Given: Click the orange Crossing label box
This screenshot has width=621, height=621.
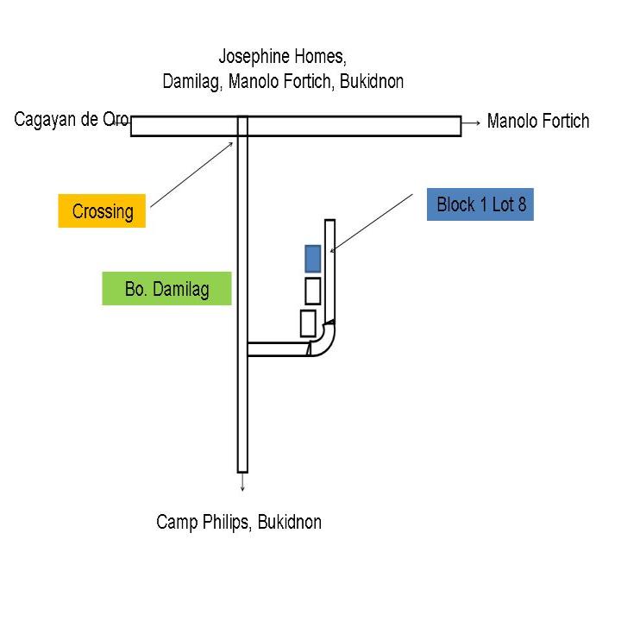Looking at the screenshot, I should (102, 211).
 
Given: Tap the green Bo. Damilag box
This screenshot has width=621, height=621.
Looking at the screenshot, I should (166, 289).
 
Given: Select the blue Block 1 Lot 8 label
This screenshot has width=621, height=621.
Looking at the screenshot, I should (480, 204).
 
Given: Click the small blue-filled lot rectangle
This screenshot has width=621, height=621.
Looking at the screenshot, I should (313, 258).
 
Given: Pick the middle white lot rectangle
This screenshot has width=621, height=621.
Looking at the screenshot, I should (313, 291).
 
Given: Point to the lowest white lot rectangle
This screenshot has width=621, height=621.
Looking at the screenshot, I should (308, 323).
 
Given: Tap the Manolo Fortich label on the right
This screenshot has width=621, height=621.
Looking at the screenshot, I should (538, 121).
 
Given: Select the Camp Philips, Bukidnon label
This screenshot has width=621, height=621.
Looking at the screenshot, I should (239, 522).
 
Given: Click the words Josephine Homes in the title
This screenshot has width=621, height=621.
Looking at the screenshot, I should (281, 58).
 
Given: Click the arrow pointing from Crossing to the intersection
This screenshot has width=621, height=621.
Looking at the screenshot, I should (191, 175).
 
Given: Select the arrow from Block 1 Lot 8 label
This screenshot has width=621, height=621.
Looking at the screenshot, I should (371, 223).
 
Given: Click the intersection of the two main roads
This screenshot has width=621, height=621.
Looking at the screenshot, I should (242, 126).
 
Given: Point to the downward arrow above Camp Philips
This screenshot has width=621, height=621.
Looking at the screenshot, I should (242, 482).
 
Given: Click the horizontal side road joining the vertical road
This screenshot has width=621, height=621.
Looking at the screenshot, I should (278, 349).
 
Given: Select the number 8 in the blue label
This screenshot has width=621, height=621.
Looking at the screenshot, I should (521, 204).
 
